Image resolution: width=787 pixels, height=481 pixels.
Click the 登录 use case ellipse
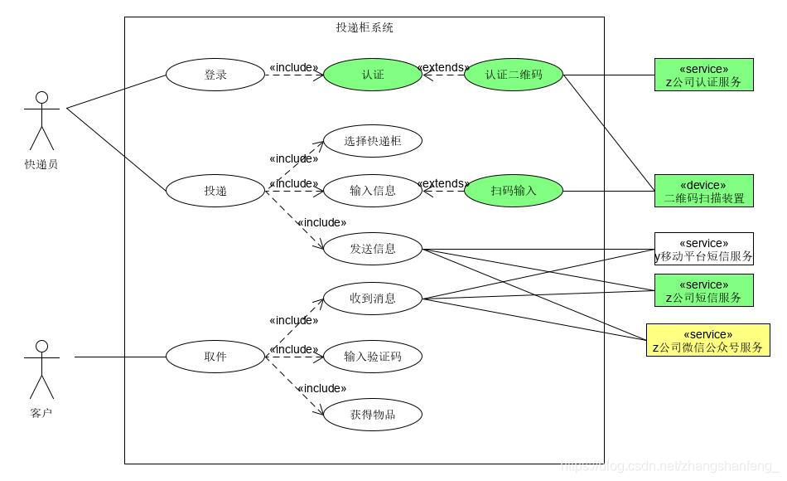215,75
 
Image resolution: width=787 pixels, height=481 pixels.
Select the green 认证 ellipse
373,75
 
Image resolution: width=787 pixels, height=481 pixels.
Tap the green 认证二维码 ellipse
514,75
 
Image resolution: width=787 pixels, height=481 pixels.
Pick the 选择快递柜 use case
373,141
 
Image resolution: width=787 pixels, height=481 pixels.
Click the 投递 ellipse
215,191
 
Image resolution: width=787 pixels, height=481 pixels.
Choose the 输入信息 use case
373,191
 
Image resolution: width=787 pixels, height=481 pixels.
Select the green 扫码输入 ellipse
514,191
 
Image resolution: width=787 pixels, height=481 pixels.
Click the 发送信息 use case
373,248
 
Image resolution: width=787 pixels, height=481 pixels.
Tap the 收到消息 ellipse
373,299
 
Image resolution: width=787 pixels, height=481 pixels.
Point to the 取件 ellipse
215,357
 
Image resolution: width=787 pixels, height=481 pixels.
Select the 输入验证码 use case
373,357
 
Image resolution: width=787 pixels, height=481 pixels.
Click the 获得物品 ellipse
373,414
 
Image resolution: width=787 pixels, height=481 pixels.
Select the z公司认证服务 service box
703,75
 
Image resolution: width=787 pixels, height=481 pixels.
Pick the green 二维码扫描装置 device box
703,191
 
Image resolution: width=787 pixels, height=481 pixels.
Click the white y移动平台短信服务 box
703,249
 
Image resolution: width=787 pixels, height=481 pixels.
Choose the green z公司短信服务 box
703,290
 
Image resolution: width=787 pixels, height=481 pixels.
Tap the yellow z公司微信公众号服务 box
707,340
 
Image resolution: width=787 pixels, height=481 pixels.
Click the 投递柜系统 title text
365,27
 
